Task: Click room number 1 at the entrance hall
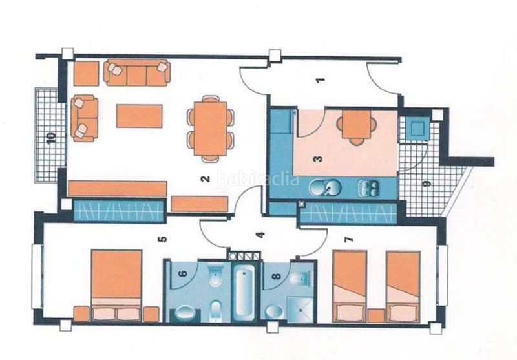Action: coord(321,79)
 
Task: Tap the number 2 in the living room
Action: coord(206,178)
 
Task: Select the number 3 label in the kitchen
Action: coord(318,159)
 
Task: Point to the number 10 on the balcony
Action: coord(51,138)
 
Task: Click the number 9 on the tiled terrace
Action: coord(427,184)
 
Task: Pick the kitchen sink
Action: coord(324,188)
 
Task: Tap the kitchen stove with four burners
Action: coord(369,188)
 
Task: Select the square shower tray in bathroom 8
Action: coord(299,309)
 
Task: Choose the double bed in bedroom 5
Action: coord(117,285)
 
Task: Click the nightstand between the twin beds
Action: coord(376,315)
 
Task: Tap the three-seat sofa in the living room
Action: coord(137,72)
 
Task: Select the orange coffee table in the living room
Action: coord(139,116)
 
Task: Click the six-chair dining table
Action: coord(211,129)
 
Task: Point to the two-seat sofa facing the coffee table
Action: coord(85,118)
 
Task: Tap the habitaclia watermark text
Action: coord(258,180)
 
